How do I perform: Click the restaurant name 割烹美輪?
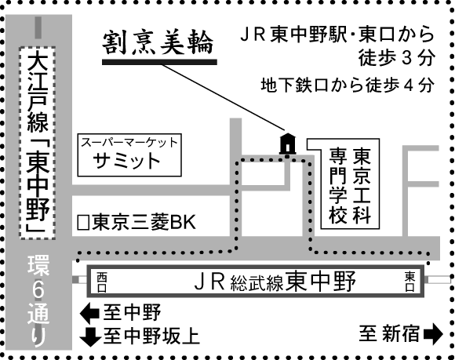pos(158,43)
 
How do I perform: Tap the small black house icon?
pos(287,144)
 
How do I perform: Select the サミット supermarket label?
pos(126,161)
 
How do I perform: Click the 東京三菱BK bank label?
pos(144,222)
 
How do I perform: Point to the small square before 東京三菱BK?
pos(83,223)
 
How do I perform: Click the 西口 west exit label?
pos(102,282)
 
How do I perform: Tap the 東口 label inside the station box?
pos(409,281)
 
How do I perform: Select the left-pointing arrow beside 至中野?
pos(89,313)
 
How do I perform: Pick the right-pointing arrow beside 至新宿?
pos(433,334)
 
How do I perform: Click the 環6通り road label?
pos(38,301)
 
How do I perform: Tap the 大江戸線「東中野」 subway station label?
pos(38,143)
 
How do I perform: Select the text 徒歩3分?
pos(397,57)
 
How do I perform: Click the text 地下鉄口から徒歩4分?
pos(348,85)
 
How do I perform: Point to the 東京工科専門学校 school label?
pos(350,186)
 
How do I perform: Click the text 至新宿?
pos(389,333)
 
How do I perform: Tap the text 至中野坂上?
pos(151,336)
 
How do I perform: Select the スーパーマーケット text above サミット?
pos(129,143)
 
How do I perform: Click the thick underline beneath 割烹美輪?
pos(159,62)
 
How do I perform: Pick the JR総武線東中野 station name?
pos(275,281)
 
